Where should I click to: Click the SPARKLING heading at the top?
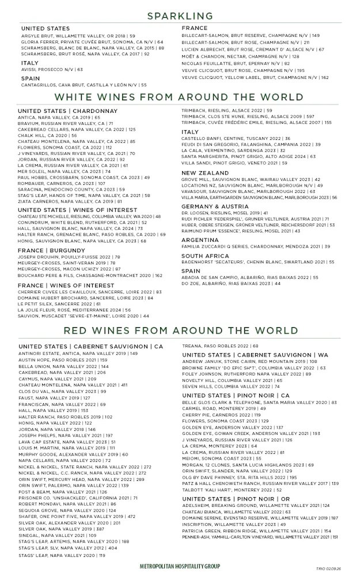click(180, 16)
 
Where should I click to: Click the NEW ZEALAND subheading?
click(205, 173)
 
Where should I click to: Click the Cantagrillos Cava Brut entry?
click(84, 85)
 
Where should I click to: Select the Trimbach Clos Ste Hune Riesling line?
click(248, 116)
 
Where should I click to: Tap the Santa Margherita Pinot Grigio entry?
click(248, 156)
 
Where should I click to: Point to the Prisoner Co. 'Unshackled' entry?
click(78, 497)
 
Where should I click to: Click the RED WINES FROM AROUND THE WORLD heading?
click(180, 331)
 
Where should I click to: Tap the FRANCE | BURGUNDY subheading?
click(51, 251)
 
